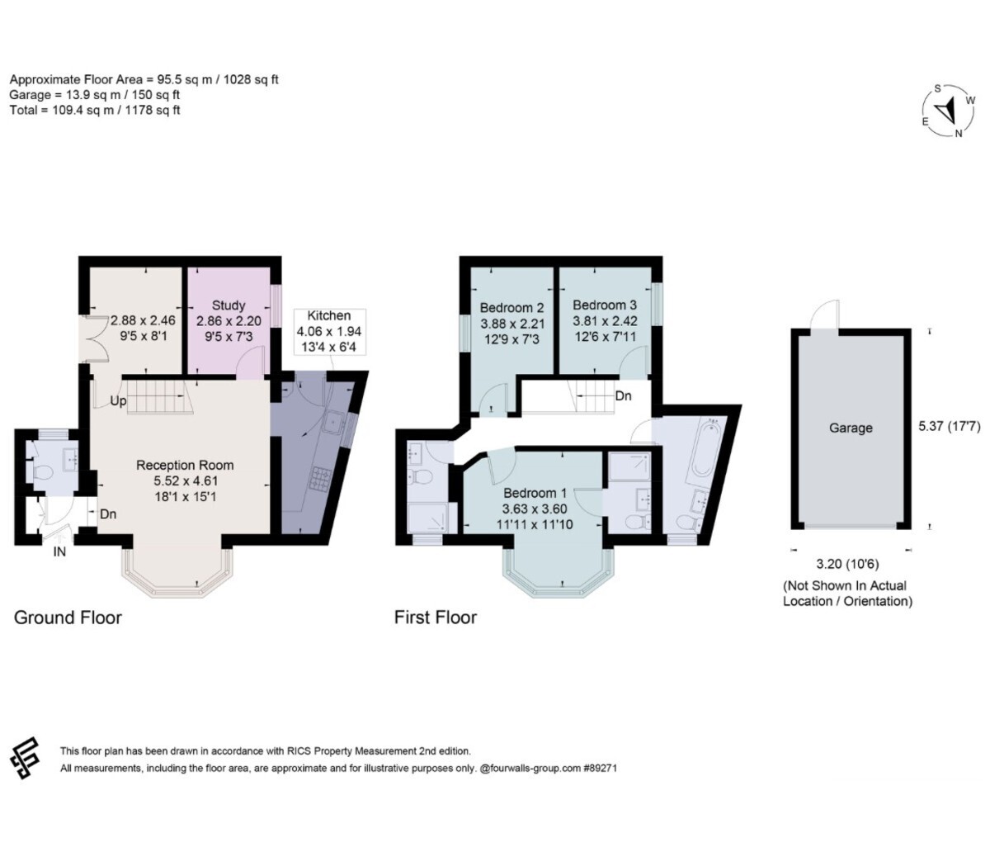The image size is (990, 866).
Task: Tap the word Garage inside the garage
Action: click(851, 428)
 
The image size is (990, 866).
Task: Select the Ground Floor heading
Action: click(68, 618)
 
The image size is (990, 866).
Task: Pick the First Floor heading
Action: click(436, 618)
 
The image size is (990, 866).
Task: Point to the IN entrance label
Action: click(59, 551)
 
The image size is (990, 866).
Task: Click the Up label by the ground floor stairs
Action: click(118, 401)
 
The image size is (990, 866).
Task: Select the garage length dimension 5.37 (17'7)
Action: click(950, 426)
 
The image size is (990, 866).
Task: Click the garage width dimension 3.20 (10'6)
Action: click(848, 564)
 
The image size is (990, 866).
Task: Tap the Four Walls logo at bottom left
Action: click(24, 758)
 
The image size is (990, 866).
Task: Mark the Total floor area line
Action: click(95, 111)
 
